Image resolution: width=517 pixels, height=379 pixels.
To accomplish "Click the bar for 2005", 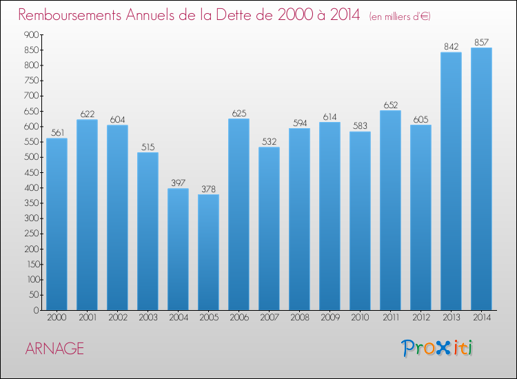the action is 208,252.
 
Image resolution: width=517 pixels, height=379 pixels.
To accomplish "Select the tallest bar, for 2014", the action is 481,179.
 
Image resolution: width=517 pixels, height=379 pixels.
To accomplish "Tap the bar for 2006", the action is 239,214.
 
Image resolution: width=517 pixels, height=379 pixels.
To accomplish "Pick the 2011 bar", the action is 390,210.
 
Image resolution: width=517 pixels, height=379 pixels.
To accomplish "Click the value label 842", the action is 451,46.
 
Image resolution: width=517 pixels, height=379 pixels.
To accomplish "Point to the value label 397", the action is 178,183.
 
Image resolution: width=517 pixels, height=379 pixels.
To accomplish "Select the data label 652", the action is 390,105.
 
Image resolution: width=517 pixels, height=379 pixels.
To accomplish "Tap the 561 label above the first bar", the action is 57,132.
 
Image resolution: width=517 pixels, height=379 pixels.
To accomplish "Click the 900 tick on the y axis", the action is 31,34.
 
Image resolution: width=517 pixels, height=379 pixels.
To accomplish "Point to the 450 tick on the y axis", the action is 31,172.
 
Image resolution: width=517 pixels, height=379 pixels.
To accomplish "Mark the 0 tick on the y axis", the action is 36,310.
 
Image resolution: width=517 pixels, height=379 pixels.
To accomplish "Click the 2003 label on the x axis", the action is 148,318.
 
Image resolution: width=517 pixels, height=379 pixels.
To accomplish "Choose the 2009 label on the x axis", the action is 330,318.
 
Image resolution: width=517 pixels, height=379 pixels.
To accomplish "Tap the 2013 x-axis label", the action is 452,318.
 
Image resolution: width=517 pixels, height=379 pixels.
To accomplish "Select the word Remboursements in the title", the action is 70,15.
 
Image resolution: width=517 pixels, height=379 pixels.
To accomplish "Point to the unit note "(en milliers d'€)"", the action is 400,17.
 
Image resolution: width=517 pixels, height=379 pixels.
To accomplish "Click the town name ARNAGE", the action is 54,349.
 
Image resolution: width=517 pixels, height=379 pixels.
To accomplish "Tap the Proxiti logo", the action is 437,348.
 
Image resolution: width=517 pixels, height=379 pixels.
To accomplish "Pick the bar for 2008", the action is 299,219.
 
